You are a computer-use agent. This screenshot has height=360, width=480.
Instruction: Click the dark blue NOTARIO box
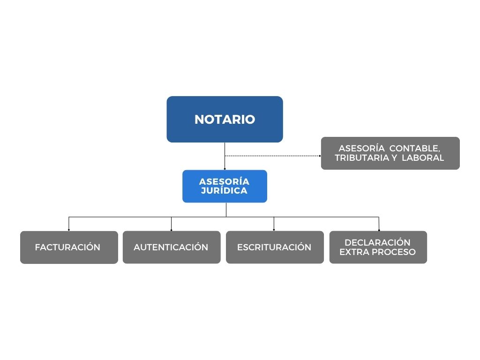coord(225,119)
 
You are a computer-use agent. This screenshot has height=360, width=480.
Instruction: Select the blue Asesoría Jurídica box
coord(225,186)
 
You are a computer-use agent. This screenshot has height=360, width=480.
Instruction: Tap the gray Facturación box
coord(69,247)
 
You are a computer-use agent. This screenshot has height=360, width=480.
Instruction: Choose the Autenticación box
coord(172,247)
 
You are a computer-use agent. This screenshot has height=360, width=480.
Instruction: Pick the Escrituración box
coord(275,247)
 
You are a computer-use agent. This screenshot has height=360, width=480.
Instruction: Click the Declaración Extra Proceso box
coord(378,247)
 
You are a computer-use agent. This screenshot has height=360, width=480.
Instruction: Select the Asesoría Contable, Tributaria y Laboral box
coord(390,153)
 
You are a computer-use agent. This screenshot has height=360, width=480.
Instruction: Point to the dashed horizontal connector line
coord(272,156)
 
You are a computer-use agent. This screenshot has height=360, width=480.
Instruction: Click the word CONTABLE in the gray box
coord(415,149)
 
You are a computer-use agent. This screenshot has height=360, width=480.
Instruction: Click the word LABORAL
coord(423,158)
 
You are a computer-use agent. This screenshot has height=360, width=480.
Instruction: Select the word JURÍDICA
coord(224,190)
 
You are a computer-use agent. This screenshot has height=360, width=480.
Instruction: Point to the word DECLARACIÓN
coord(377,242)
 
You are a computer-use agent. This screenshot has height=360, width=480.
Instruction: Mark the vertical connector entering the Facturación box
coord(69,224)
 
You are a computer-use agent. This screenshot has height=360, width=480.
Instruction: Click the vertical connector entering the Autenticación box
coord(171,224)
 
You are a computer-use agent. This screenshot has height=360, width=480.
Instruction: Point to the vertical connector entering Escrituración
coord(274,224)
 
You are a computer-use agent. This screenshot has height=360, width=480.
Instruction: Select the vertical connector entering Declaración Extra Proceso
coord(379,224)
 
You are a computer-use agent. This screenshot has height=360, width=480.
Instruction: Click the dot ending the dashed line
coord(320,156)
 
